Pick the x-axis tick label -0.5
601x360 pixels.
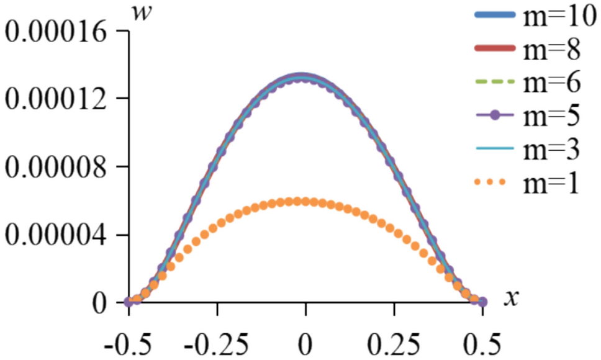coord(128,342)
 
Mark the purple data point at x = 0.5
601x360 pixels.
coord(482,302)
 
